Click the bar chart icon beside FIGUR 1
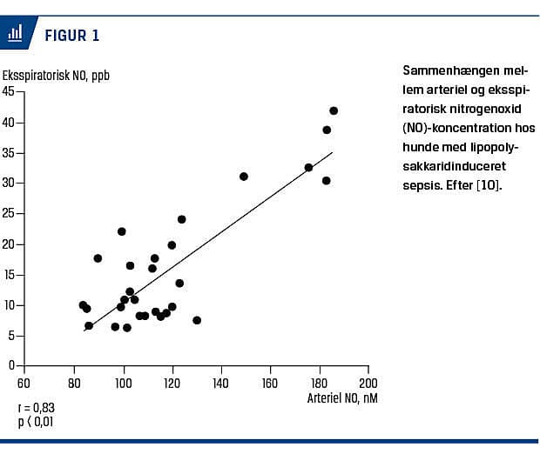click(15, 34)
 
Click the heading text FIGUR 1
click(71, 36)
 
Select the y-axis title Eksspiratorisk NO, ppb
click(56, 75)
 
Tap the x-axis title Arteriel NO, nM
click(341, 398)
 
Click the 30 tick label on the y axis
click(8, 183)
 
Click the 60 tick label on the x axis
click(24, 383)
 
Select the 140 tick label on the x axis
click(221, 383)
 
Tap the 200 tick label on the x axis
click(369, 383)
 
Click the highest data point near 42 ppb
click(334, 110)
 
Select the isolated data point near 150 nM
click(244, 177)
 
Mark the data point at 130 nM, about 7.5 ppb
click(197, 320)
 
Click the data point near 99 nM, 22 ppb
click(122, 231)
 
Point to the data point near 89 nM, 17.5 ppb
click(98, 258)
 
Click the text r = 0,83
click(36, 408)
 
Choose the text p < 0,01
click(36, 422)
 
